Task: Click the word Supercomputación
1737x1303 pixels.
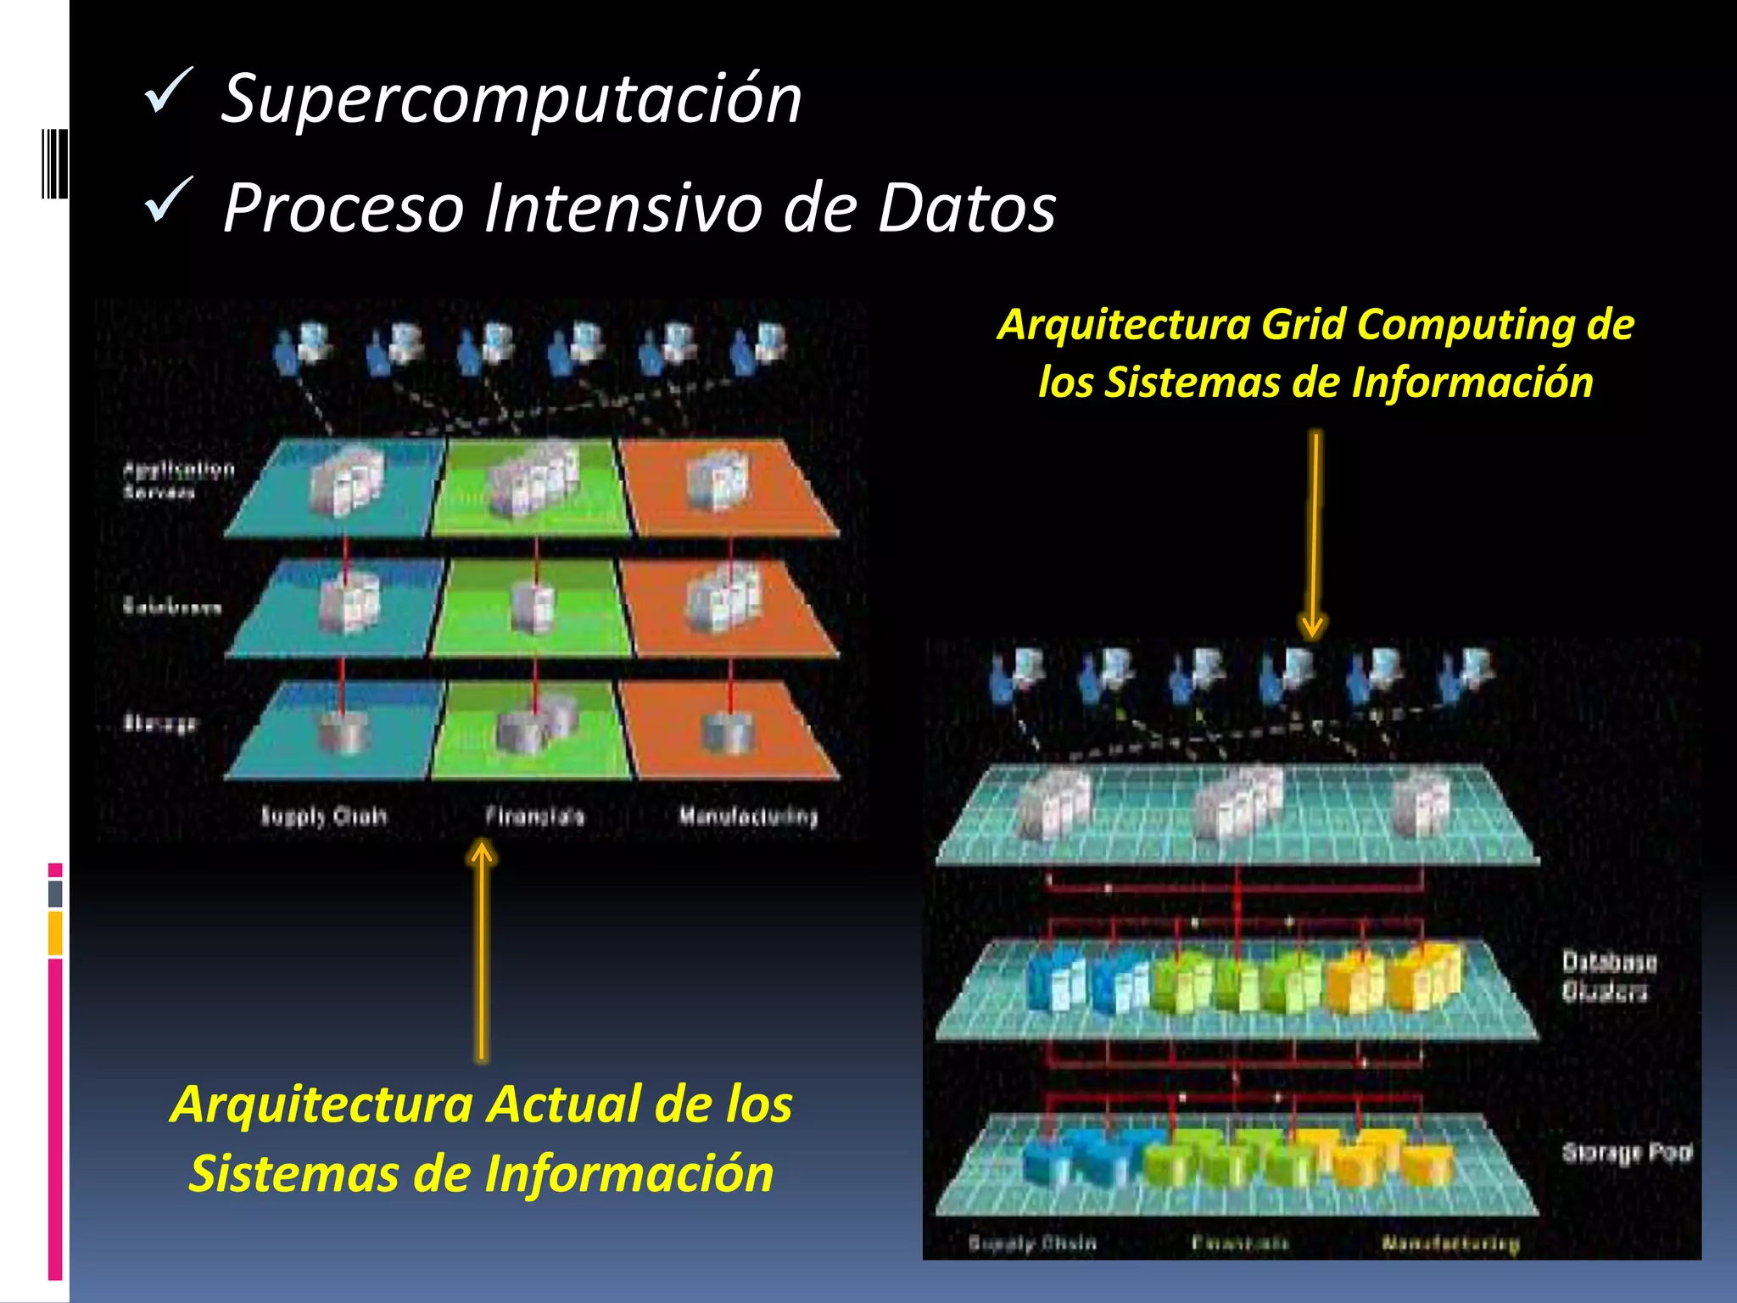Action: click(511, 100)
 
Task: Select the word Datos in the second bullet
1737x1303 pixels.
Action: click(966, 209)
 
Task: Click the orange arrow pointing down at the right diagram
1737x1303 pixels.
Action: click(1314, 534)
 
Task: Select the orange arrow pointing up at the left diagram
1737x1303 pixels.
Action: click(482, 950)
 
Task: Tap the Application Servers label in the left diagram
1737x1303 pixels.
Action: click(178, 480)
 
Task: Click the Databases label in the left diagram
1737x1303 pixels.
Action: click(172, 607)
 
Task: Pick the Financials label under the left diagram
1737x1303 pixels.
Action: click(534, 816)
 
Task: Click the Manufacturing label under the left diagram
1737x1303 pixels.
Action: click(748, 816)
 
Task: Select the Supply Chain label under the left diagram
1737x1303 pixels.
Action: click(323, 816)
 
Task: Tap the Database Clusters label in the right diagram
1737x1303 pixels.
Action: click(1609, 976)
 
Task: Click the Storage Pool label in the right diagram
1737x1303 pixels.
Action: click(1627, 1152)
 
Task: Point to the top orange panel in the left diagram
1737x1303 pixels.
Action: click(729, 487)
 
